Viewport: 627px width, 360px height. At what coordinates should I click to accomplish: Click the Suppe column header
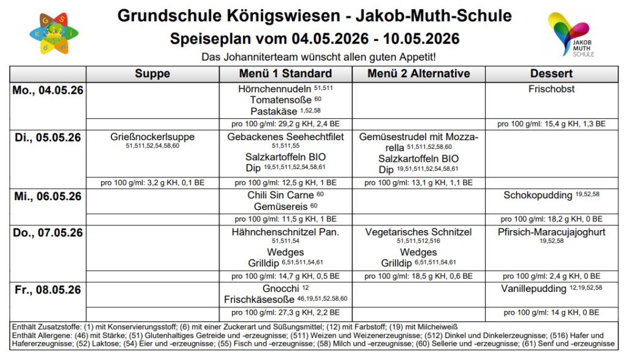click(152, 74)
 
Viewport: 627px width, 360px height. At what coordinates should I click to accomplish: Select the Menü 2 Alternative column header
click(418, 74)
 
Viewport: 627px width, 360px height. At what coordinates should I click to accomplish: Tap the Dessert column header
click(552, 74)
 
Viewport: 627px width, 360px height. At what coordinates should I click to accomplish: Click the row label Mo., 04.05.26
click(48, 90)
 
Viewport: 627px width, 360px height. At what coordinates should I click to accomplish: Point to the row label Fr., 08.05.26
click(48, 290)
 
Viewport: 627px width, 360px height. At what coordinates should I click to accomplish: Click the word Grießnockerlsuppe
click(152, 137)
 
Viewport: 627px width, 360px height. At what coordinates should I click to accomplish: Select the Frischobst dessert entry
click(551, 89)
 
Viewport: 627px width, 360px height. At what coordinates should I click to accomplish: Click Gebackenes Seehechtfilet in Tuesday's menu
click(285, 137)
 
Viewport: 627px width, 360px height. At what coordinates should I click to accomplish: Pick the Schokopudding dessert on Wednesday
click(538, 196)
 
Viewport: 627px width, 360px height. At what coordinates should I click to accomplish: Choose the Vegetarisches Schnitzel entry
click(418, 233)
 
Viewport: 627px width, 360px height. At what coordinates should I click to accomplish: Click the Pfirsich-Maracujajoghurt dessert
click(551, 233)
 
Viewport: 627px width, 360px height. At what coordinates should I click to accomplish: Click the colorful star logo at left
click(53, 34)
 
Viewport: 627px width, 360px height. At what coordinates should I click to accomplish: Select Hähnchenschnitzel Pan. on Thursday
click(285, 233)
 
